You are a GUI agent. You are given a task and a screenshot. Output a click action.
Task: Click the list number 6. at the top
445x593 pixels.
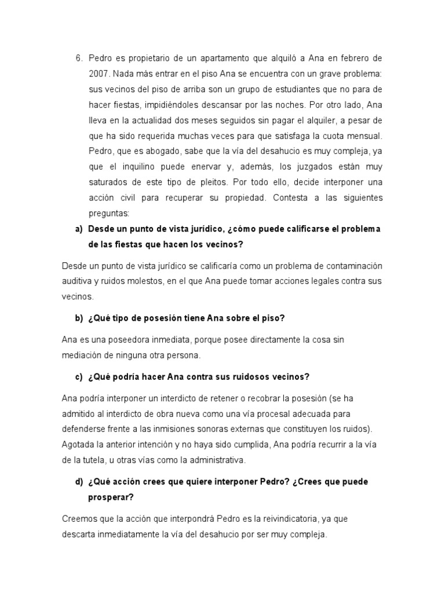[79, 58]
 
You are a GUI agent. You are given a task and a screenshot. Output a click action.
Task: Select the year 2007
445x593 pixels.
[98, 74]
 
